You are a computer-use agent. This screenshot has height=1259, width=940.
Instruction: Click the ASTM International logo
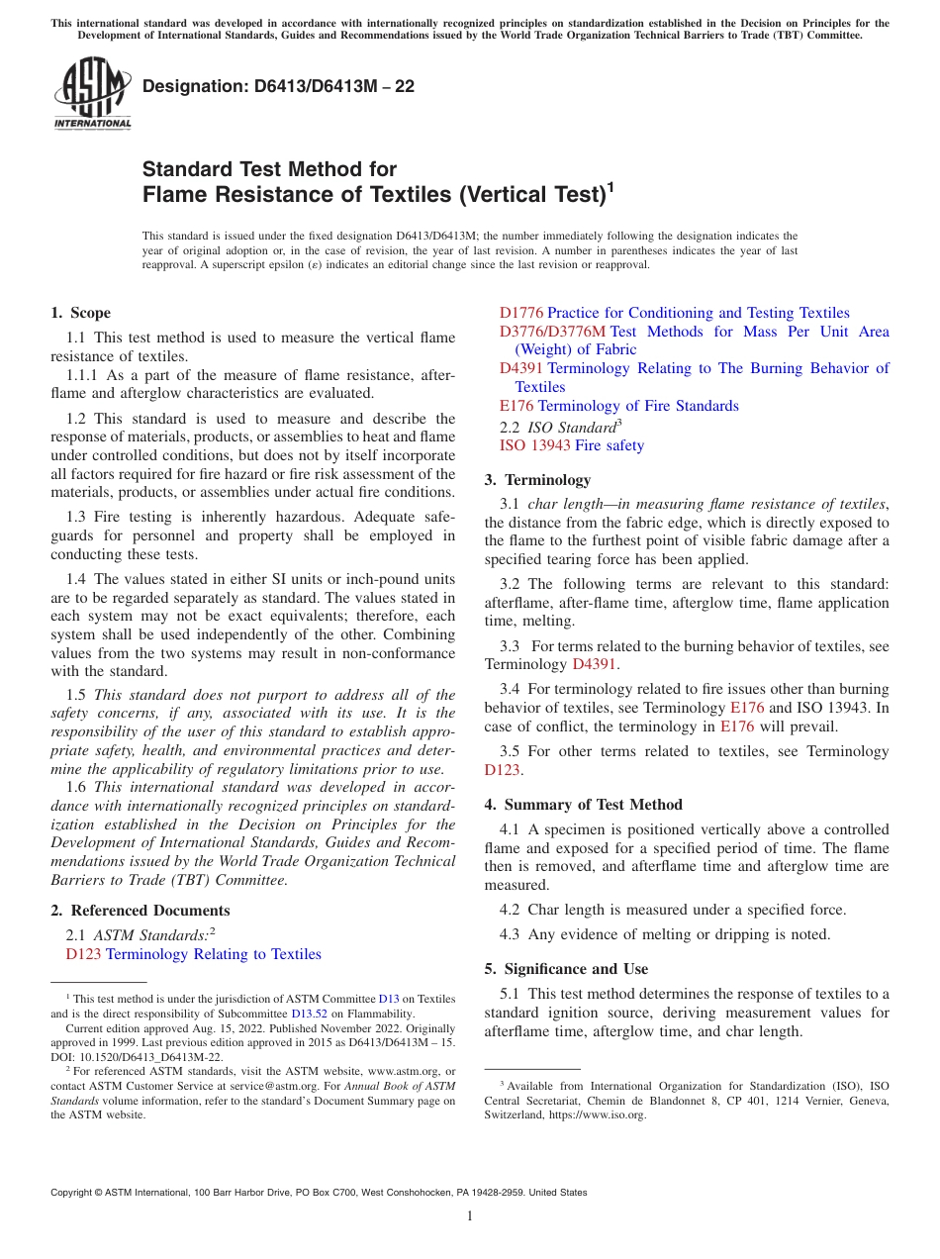[x=91, y=94]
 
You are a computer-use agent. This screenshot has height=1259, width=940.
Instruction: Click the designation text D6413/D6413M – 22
[x=279, y=87]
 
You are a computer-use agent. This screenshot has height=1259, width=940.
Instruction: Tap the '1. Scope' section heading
[x=80, y=313]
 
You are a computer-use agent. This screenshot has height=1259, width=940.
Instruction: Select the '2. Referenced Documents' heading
[x=140, y=911]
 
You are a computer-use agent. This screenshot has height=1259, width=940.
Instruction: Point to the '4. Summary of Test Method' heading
[x=583, y=805]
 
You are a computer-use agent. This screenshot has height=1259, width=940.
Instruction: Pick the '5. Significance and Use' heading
[x=566, y=969]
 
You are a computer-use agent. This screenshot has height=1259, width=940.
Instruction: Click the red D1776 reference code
[x=520, y=313]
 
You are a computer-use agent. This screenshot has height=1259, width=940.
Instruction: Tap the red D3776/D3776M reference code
[x=552, y=332]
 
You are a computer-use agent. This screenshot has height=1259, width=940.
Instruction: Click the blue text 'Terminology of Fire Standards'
[x=638, y=406]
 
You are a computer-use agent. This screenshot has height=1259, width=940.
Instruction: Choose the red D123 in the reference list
[x=83, y=954]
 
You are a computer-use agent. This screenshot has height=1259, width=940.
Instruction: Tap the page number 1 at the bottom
[x=470, y=1216]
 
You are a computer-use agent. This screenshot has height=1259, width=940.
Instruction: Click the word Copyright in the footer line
[x=74, y=1193]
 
